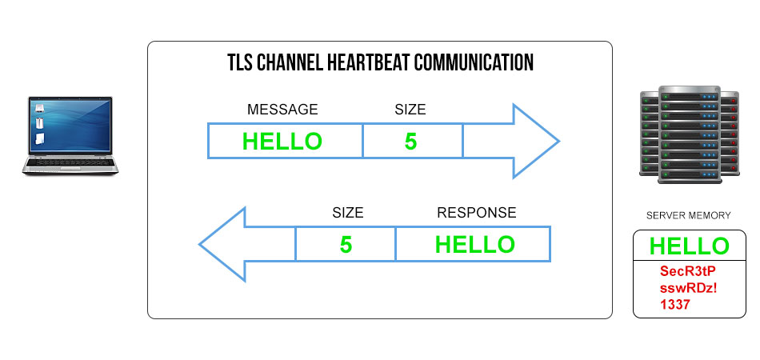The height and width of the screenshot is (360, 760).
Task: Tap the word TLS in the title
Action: coord(239,62)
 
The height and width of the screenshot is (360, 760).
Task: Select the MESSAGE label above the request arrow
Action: coord(282,110)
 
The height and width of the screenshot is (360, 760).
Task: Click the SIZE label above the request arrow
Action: coord(410,110)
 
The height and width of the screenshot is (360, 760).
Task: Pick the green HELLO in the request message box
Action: coord(282,142)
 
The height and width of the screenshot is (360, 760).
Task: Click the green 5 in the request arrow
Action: coord(410,142)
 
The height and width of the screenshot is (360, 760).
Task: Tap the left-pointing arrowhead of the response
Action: coord(222,244)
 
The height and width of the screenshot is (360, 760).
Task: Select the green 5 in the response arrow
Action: coord(346,245)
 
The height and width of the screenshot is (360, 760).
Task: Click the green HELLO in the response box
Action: coord(475,245)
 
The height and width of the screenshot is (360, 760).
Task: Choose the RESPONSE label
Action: coord(477,213)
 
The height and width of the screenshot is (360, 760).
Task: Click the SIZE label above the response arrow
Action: coord(347,213)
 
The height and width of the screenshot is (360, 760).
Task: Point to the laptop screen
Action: coord(70,125)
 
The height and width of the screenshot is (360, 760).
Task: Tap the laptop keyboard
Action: coord(70,162)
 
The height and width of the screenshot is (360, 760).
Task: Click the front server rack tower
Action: coord(690,134)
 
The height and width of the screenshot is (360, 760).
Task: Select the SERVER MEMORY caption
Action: coord(688,216)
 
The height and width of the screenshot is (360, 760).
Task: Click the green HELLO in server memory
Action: coord(690,246)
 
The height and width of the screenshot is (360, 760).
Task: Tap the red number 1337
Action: coord(674,305)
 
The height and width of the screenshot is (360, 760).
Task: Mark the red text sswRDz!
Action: coord(688,288)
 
